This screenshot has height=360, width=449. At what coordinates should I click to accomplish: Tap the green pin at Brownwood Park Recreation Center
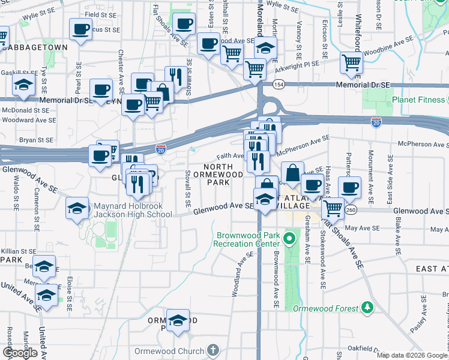coord(288,239)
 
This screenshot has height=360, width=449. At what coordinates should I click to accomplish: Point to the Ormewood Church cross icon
coord(212,349)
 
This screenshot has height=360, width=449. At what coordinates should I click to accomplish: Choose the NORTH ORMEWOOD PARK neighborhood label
coord(223,175)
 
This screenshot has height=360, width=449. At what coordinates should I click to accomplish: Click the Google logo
coord(20,353)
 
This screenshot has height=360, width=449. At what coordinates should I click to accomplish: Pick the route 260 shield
coord(351,210)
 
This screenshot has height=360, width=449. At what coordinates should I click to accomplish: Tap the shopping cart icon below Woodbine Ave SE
coord(351,62)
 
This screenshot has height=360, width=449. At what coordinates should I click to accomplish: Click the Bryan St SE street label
coord(20,139)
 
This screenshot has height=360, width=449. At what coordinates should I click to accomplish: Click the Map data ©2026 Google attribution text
coord(411,355)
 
